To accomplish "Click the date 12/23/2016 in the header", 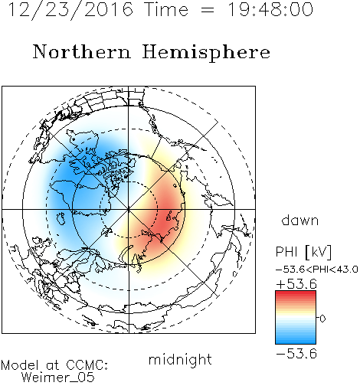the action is coord(70,9).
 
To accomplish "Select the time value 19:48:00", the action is coord(270,9).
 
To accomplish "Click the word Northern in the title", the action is coord(82,52).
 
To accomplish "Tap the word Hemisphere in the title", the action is coord(206,52).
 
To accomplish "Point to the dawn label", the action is coord(300,220).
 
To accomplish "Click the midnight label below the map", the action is coord(180,359).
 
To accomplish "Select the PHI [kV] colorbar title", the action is coord(303,252).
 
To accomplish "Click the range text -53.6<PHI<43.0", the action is coord(317,270).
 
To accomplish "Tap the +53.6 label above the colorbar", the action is coord(296,284).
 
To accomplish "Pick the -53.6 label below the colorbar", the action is coord(296,354).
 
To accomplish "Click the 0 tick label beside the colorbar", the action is coord(322,319).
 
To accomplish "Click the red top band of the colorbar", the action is coord(296,294).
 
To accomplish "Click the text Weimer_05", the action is coord(58,378).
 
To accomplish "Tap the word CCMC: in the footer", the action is coord(87,365).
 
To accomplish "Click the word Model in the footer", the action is coord(20,365).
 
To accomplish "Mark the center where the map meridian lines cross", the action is coord(129,209).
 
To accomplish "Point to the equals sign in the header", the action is coord(207,11).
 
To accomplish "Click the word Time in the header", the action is coord(166,9).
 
